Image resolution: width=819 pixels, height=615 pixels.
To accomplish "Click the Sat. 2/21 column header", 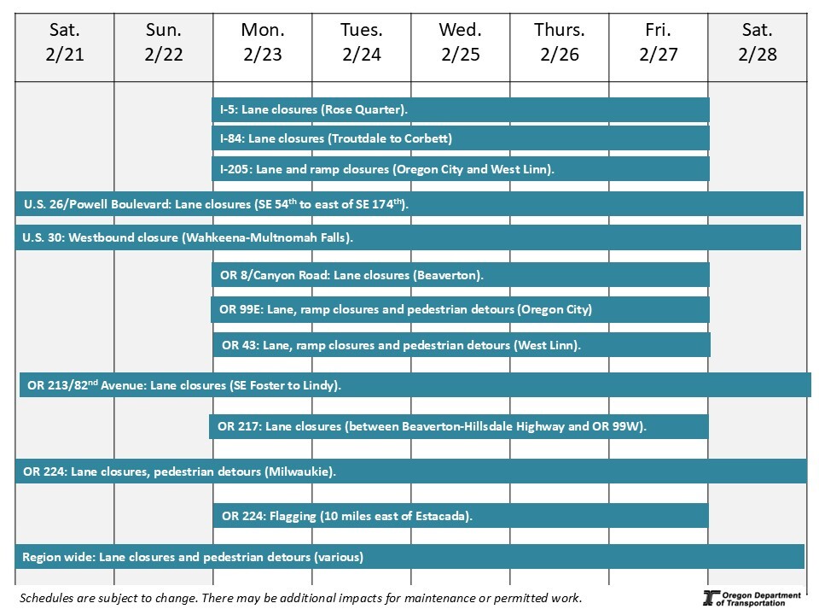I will point(65,43).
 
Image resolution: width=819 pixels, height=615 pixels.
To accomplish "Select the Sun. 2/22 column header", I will point(164,43).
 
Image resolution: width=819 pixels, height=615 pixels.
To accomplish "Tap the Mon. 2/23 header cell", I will point(263,43).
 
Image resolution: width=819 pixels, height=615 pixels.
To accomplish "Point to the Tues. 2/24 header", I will point(362,43).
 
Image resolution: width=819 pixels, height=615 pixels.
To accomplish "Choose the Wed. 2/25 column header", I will point(461,43).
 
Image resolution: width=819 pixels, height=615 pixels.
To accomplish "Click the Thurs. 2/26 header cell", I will point(560,43).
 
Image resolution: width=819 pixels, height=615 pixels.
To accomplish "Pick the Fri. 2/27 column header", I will point(659,43).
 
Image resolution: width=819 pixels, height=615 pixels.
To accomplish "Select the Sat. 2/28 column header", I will point(758,43).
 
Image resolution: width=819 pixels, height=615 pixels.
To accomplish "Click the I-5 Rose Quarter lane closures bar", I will point(461,109).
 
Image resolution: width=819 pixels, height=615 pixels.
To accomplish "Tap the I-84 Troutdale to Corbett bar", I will point(461,138).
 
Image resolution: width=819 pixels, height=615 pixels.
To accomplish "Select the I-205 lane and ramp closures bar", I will point(461,169).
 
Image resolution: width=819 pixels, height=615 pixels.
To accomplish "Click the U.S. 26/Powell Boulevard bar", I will point(409,204).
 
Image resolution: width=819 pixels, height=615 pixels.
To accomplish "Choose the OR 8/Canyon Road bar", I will point(461,275).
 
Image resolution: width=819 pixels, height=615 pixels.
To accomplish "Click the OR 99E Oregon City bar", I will point(461,309).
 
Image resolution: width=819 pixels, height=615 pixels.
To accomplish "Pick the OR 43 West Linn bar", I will point(462,345).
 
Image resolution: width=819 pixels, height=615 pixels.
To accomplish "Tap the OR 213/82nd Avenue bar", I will point(415,385).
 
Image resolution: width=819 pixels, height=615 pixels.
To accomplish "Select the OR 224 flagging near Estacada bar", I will point(461,516).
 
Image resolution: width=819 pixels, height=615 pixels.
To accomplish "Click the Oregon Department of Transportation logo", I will point(752,598).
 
